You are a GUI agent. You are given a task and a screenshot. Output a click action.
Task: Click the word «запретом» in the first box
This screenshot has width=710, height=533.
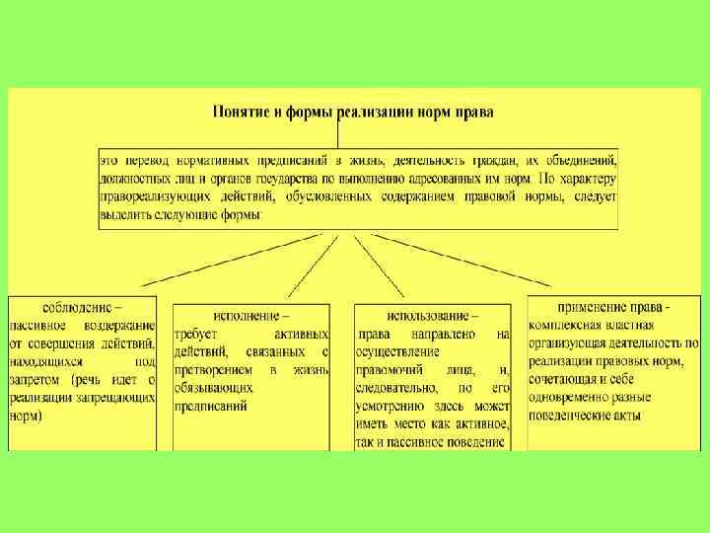pos(41,379)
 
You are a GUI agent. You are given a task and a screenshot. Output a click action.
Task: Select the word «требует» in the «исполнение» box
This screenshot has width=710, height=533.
pos(195,335)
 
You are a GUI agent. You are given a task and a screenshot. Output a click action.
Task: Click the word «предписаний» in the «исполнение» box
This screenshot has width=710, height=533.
pos(211,406)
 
